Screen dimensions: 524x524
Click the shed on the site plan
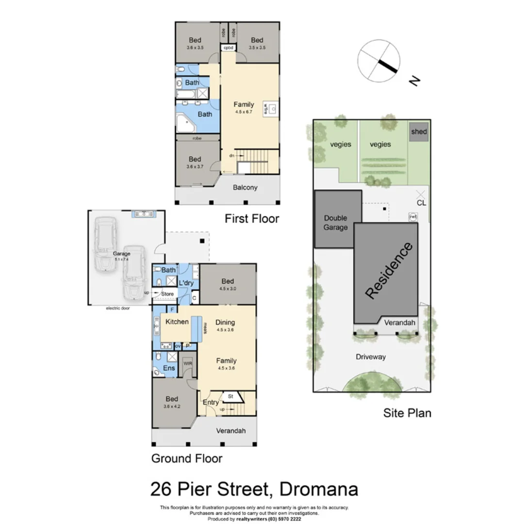(419, 131)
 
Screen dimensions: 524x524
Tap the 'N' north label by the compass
(414, 81)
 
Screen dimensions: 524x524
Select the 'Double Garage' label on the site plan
(336, 223)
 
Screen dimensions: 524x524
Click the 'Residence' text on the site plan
(390, 270)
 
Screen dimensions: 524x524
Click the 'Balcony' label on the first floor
(245, 187)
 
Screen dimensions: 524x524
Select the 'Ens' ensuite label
(169, 368)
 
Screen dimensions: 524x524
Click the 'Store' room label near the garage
(167, 294)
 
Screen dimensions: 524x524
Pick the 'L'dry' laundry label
(186, 282)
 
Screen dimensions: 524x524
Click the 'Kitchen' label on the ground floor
(177, 322)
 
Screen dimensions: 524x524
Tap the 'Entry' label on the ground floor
(211, 402)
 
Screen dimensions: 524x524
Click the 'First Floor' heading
(252, 219)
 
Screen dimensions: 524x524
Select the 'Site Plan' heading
(407, 413)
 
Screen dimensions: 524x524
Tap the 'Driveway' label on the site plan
(371, 357)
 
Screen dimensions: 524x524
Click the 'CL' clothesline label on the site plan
(421, 203)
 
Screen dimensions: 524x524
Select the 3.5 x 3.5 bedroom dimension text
(257, 48)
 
